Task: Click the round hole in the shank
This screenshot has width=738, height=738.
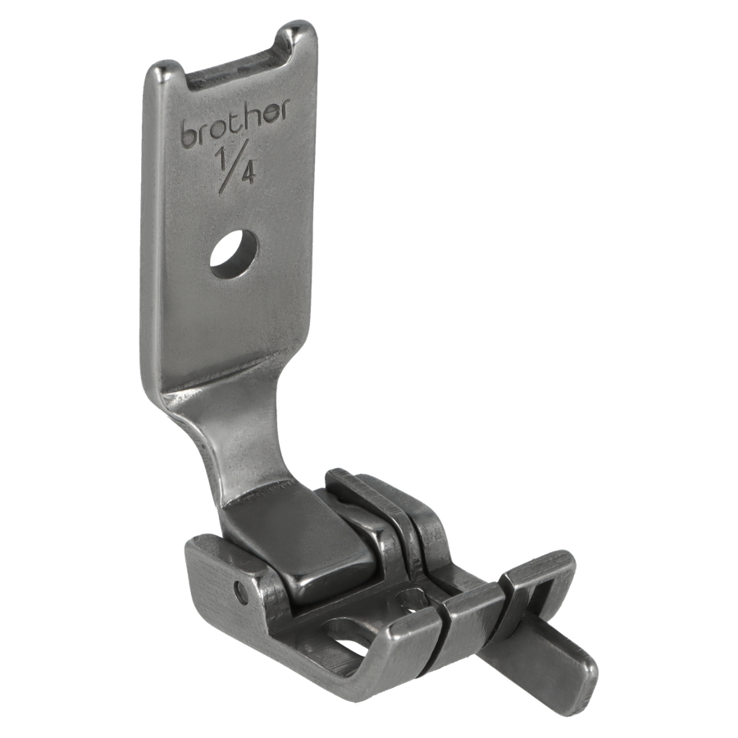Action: (234, 253)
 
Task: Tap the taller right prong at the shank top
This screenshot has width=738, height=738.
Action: (299, 40)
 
